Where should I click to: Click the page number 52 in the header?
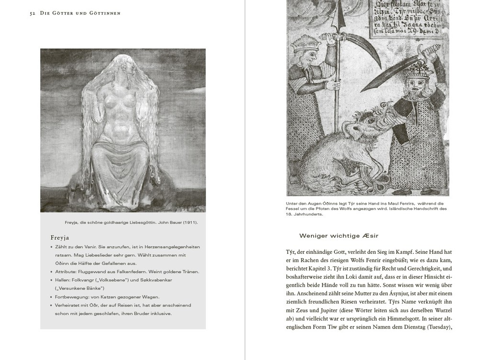click(x=32, y=13)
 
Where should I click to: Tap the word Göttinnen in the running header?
click(x=104, y=13)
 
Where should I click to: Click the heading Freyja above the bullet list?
click(x=60, y=238)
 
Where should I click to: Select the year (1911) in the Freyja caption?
click(x=190, y=222)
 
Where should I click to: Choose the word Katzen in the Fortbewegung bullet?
click(x=105, y=297)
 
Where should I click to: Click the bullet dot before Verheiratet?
click(x=51, y=305)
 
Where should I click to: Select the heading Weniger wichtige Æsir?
click(x=339, y=236)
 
